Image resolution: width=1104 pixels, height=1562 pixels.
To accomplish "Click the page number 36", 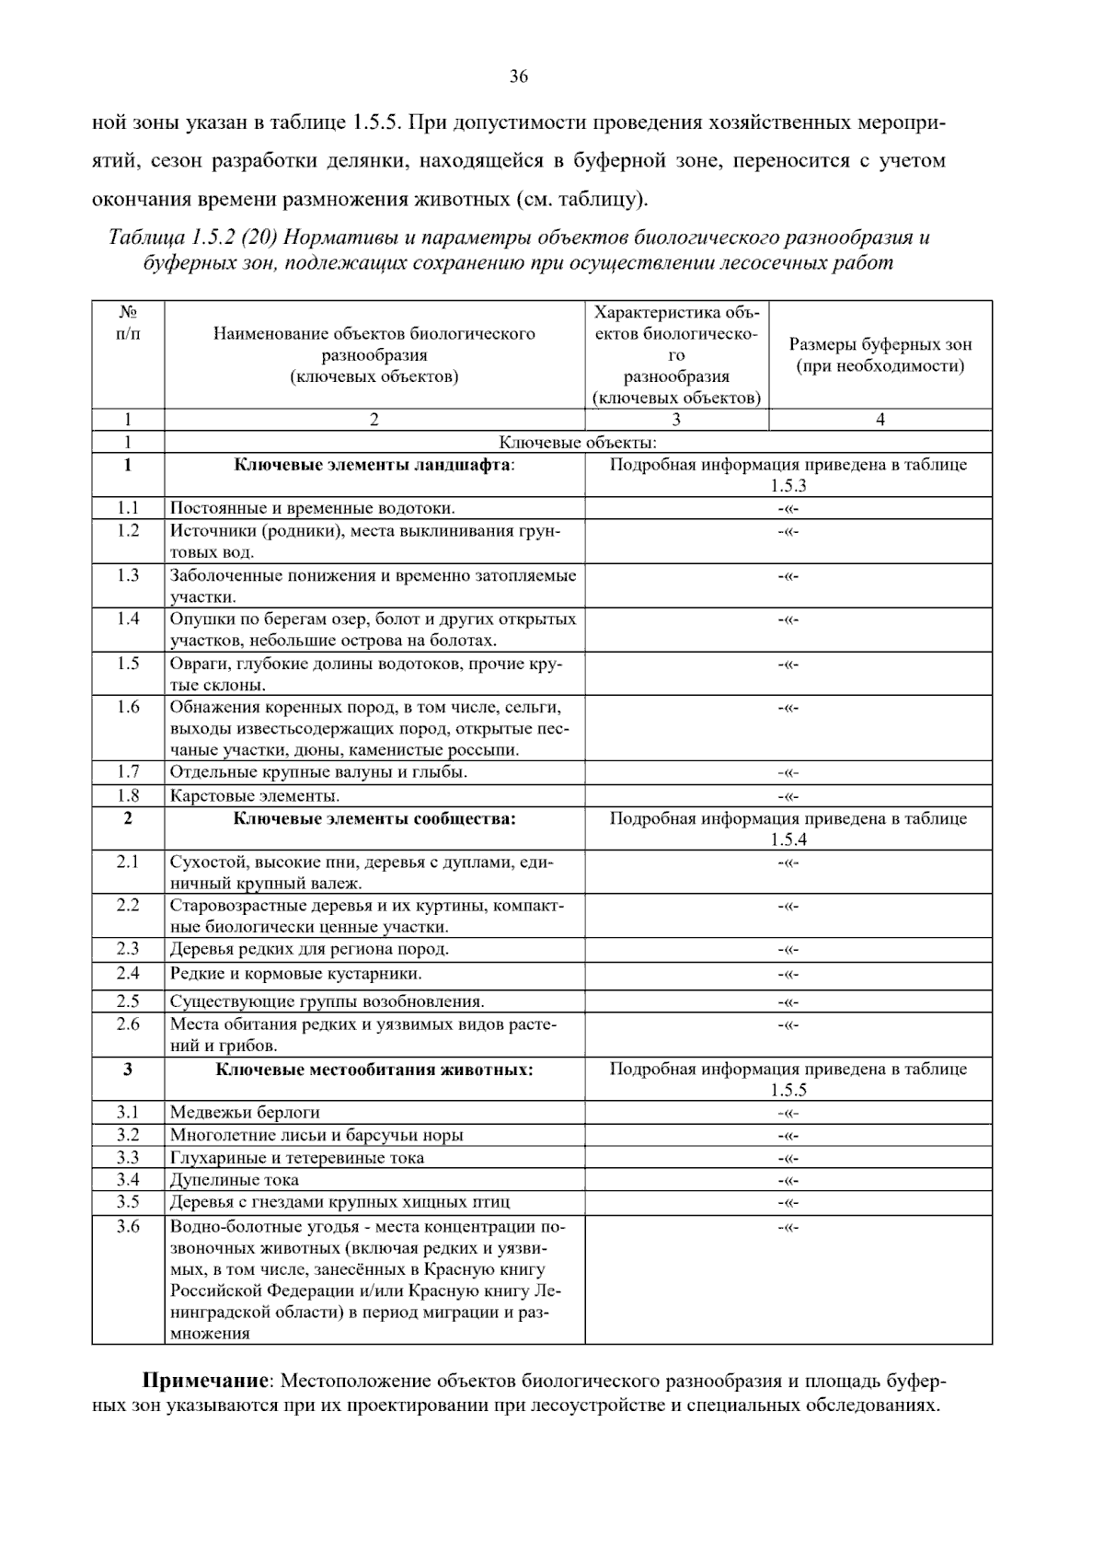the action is coord(519,77).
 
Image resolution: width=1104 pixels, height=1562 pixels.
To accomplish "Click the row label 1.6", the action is coord(128,707).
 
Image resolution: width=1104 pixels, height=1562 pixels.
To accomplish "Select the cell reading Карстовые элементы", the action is coord(255,795).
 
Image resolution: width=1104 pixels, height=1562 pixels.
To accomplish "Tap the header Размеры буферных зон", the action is coord(880,345).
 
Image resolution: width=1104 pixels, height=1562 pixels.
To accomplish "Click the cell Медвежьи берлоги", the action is coord(245,1112).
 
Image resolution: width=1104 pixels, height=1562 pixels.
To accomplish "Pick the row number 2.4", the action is coord(128,973).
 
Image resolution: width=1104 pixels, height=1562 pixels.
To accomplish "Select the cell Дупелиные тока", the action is coord(235,1179).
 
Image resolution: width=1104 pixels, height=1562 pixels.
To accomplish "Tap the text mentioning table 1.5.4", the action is coord(788,828).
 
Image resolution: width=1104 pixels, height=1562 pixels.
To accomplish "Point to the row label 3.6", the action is coord(128,1226).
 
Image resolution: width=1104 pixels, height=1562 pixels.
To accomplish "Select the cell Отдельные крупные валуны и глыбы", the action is coord(318,771).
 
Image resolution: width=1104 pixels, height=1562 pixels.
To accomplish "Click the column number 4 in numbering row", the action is coord(880,420).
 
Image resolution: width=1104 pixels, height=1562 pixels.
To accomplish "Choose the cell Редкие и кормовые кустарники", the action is coord(296,973).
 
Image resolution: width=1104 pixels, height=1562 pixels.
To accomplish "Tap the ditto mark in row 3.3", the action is coord(788,1158).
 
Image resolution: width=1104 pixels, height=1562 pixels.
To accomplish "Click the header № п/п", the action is coord(128,323).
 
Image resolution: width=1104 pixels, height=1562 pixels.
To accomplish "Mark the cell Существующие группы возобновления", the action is coord(327,1001).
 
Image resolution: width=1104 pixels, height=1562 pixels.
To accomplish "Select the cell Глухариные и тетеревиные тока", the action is coord(297,1157).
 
